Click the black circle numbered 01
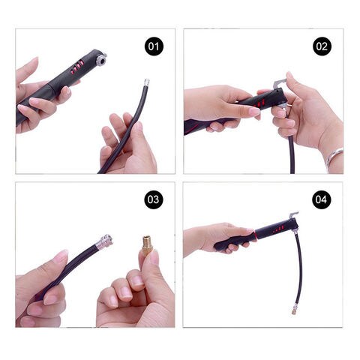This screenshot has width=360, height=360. click(154, 46)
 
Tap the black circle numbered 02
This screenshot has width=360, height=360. click(322, 46)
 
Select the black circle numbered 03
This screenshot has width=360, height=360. click(153, 199)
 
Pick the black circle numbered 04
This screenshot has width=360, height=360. click(321, 199)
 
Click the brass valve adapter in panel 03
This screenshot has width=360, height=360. click(146, 245)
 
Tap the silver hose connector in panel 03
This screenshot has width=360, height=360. click(104, 241)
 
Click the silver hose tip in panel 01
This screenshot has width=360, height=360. click(146, 82)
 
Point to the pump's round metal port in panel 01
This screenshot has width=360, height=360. click(102, 60)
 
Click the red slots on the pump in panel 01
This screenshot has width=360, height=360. click(76, 67)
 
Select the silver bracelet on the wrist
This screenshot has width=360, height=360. click(334, 160)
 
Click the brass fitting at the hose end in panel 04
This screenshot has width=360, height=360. click(293, 311)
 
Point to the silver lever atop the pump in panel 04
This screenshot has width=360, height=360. click(293, 215)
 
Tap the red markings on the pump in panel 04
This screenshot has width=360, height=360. click(279, 229)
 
